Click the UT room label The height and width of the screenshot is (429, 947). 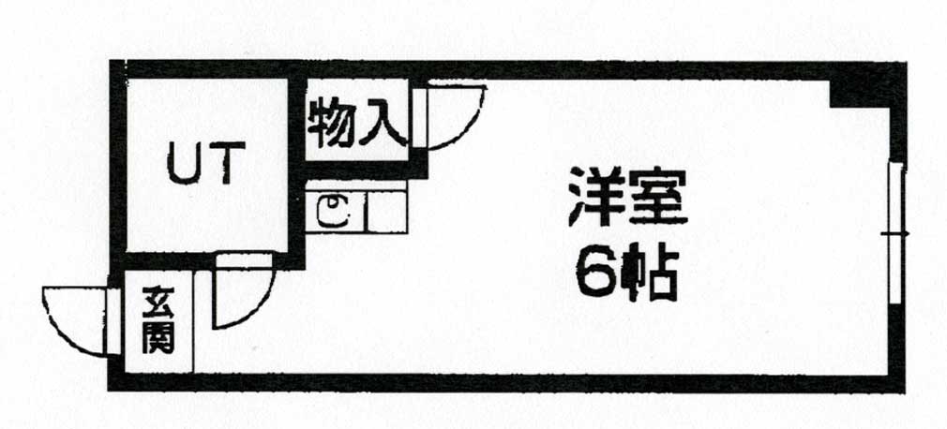206,163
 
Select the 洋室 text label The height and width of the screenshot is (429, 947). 627,198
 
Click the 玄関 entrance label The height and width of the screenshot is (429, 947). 158,321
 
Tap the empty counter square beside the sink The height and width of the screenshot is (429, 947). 387,212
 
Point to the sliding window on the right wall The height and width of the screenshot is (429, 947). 896,232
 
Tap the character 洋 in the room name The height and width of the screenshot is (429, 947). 594,198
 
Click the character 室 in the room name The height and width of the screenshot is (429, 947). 659,198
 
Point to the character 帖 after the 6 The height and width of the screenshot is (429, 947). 649,275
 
